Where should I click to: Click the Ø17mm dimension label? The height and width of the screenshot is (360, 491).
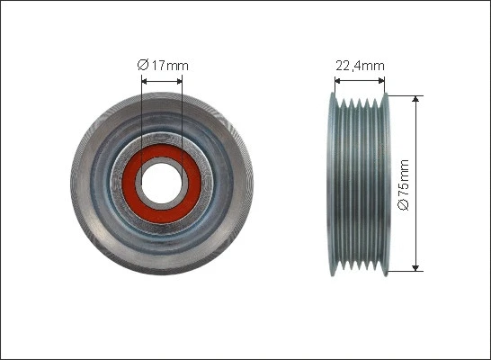pyautogui.click(x=163, y=65)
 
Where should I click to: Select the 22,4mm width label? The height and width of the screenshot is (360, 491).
pyautogui.click(x=361, y=65)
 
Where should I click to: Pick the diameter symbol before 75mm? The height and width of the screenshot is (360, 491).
pyautogui.click(x=404, y=205)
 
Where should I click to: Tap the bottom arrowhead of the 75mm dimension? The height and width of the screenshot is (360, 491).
pyautogui.click(x=415, y=266)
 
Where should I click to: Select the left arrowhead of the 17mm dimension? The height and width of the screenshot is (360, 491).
pyautogui.click(x=146, y=80)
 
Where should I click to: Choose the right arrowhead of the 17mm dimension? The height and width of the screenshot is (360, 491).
pyautogui.click(x=179, y=80)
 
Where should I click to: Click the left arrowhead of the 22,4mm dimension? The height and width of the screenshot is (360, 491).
pyautogui.click(x=338, y=80)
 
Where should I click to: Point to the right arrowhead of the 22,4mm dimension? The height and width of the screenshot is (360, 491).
pyautogui.click(x=383, y=80)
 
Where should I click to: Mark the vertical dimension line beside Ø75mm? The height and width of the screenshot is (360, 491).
pyautogui.click(x=415, y=225)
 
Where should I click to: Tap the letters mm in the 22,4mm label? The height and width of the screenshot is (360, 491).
pyautogui.click(x=375, y=65)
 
